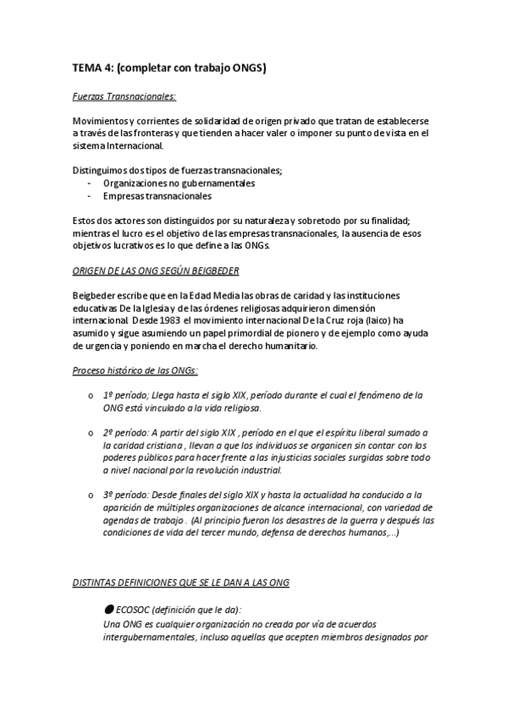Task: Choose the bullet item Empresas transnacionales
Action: tap(157, 195)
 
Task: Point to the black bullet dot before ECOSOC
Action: tap(107, 610)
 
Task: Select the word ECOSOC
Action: tap(135, 610)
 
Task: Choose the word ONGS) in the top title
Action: tap(246, 68)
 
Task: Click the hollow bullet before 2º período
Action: tap(91, 432)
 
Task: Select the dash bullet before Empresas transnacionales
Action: tap(90, 195)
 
